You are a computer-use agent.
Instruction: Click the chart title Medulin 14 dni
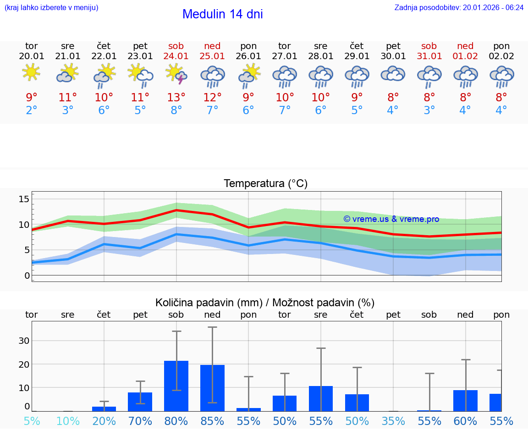[222, 14]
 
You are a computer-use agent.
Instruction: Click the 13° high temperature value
[176, 97]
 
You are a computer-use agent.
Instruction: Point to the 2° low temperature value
[31, 110]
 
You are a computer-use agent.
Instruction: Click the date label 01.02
[465, 56]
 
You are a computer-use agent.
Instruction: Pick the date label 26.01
[248, 56]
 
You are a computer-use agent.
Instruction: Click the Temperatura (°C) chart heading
[265, 184]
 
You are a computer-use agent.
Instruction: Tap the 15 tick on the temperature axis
[24, 199]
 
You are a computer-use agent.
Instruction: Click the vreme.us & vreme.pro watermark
[391, 219]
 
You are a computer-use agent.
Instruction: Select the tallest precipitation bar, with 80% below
[176, 386]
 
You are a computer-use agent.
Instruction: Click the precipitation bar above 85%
[212, 388]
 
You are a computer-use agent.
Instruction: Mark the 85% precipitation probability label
[212, 421]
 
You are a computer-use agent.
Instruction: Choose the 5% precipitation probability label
[31, 421]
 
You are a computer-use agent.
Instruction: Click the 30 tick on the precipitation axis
[24, 341]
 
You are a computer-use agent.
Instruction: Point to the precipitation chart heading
[265, 303]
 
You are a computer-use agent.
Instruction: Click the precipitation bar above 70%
[140, 402]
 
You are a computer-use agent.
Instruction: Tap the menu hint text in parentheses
[51, 7]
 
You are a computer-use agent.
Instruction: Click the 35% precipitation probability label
[393, 421]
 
